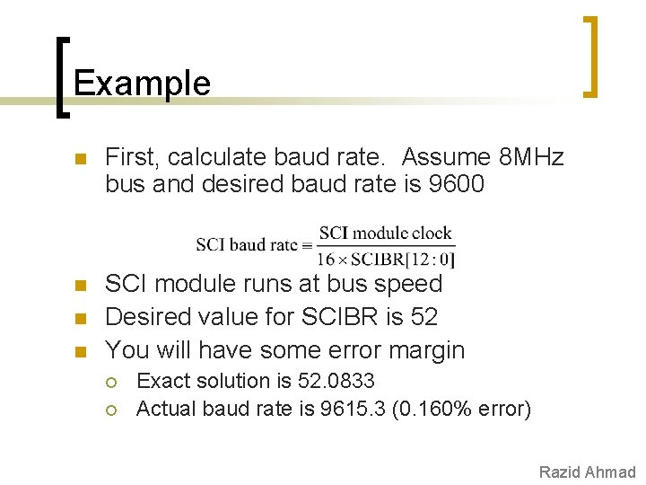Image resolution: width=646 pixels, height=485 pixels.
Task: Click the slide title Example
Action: [x=142, y=84]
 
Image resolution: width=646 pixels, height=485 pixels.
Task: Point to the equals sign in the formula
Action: [x=307, y=245]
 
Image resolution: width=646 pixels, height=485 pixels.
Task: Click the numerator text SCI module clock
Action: [x=385, y=233]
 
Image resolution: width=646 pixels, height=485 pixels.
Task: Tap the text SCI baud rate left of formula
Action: [x=248, y=245]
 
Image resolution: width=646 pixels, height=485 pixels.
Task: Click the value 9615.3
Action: [x=354, y=410]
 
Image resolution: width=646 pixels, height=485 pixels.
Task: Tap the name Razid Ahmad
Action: [x=587, y=472]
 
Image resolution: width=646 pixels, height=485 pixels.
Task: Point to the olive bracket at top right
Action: [x=589, y=56]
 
